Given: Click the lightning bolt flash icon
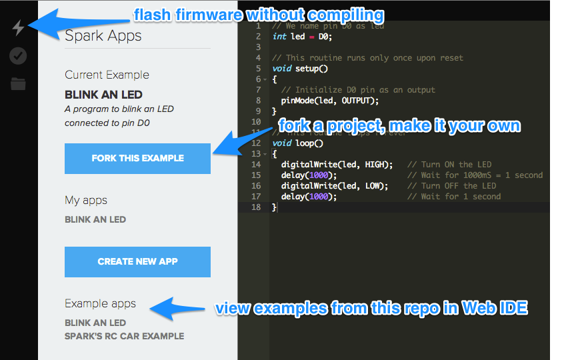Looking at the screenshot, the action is click(x=18, y=28).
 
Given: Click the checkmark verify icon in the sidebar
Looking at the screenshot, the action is click(x=18, y=56).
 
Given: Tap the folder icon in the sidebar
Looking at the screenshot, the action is click(x=18, y=84).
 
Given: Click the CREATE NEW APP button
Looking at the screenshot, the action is click(x=137, y=261).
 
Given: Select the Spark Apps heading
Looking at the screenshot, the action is click(x=103, y=36).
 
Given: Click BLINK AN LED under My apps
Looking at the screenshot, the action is click(x=95, y=219).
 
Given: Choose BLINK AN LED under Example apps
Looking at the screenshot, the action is click(x=95, y=323).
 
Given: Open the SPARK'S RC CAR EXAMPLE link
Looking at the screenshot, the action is click(x=124, y=336).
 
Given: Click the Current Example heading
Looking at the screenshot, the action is click(x=107, y=75).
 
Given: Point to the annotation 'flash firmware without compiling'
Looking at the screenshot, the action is click(x=259, y=15).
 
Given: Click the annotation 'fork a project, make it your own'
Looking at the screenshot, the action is click(x=399, y=126).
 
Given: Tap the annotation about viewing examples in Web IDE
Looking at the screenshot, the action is click(x=370, y=309).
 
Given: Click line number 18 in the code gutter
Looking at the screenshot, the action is click(x=257, y=207).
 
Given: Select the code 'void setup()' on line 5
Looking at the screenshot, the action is click(x=300, y=69).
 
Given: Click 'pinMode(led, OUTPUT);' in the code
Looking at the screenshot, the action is click(x=329, y=101).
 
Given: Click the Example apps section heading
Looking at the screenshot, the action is click(x=100, y=303).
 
